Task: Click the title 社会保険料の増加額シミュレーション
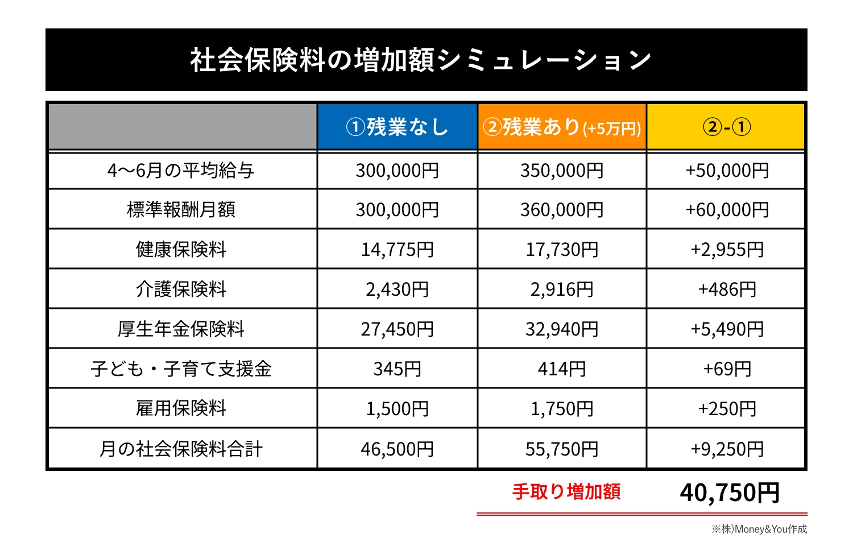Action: [x=421, y=60]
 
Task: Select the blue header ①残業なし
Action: [x=397, y=126]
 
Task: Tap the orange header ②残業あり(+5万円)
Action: [x=562, y=126]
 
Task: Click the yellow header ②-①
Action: [x=726, y=126]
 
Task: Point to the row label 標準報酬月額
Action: [x=181, y=209]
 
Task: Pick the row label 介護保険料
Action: [x=181, y=289]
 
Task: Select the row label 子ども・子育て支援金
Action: [x=181, y=369]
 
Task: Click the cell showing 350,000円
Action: [x=562, y=170]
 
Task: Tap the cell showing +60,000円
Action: [x=727, y=209]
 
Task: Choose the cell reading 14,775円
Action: [x=397, y=249]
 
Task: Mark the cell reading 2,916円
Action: [x=562, y=289]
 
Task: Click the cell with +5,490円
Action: [x=727, y=329]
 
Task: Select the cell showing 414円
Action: [x=562, y=369]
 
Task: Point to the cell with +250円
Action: [x=727, y=408]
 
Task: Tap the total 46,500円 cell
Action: [x=397, y=449]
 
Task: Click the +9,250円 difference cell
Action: [x=727, y=449]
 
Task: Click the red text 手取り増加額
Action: [x=566, y=491]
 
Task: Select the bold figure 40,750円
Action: [x=730, y=493]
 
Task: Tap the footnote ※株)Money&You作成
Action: [x=759, y=529]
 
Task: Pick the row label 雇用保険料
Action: [x=181, y=408]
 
